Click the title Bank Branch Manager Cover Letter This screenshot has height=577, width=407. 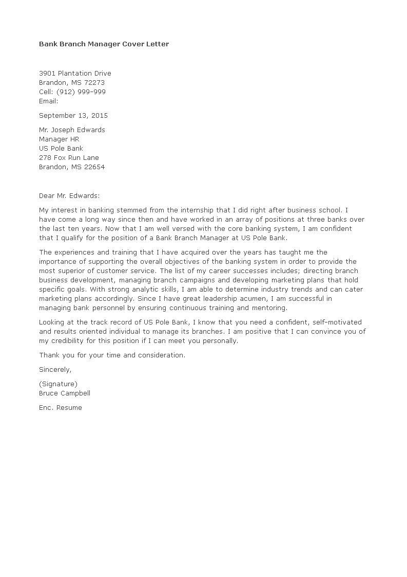point(104,44)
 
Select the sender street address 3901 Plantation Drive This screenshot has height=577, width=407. point(75,73)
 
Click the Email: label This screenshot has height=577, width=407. point(49,101)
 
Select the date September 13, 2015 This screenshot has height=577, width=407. point(73,115)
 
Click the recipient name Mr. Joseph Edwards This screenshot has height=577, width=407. point(72,130)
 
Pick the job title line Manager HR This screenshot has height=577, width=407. point(59,139)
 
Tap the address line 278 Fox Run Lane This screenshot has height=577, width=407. point(69,157)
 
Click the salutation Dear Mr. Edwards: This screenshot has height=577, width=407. point(70,195)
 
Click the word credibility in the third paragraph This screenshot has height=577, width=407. point(70,340)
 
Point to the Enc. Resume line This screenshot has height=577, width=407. point(60,407)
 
